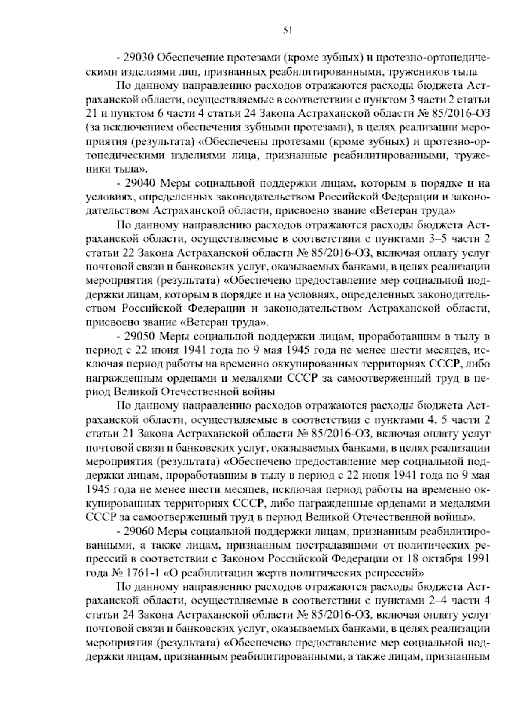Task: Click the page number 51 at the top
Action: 288,30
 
